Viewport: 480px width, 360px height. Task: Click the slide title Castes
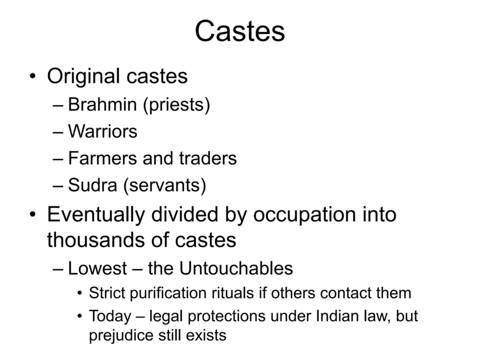(x=240, y=31)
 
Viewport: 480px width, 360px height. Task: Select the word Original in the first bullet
(x=83, y=77)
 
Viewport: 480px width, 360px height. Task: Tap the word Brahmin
(x=102, y=105)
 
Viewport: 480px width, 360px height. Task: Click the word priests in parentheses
(x=177, y=105)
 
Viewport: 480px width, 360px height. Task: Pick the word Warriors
(x=103, y=132)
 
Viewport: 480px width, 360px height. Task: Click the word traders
(x=208, y=158)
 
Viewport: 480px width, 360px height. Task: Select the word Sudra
(x=92, y=185)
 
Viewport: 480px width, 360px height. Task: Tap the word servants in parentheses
(x=165, y=186)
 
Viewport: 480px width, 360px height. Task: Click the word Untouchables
(x=236, y=269)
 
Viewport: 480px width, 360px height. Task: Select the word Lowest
(x=97, y=269)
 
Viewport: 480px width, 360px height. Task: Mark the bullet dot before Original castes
(x=33, y=76)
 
